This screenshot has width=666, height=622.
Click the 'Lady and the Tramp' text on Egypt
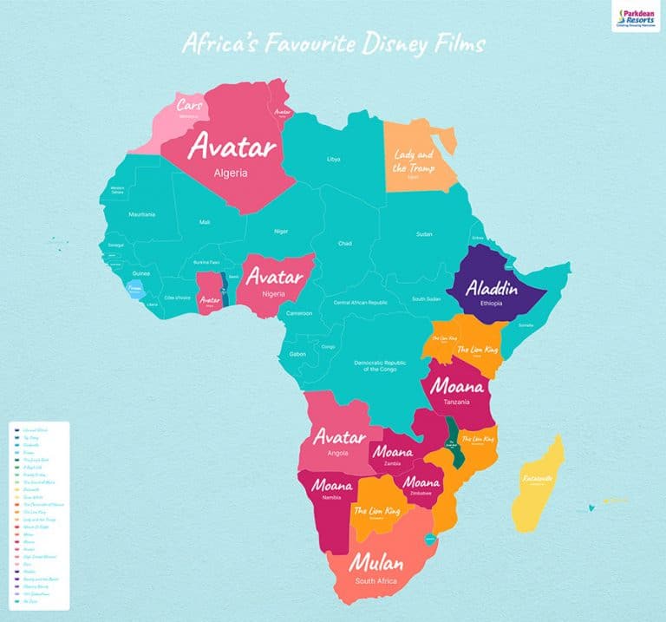(x=414, y=160)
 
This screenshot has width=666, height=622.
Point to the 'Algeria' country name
(x=232, y=173)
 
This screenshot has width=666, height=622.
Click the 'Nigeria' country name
(x=274, y=294)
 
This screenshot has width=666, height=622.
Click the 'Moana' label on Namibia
(x=333, y=485)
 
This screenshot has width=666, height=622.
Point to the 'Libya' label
(x=334, y=159)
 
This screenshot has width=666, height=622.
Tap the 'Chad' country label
(x=345, y=243)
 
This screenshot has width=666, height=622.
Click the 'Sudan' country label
(x=424, y=234)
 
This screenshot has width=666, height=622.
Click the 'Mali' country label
(x=205, y=223)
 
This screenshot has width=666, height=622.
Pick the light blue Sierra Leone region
(x=134, y=289)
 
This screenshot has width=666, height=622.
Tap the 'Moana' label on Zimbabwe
(x=421, y=481)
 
